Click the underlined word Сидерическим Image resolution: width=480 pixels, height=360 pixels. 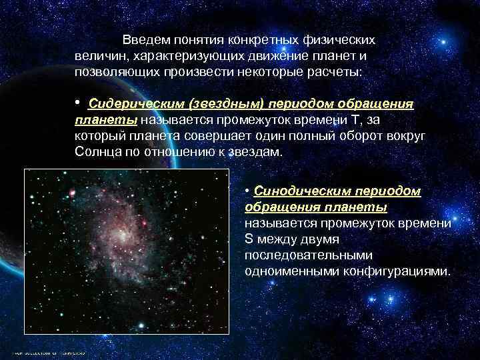point(137,105)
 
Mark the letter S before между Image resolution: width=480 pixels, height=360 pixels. point(248,239)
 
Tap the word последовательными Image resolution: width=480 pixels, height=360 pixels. point(309,256)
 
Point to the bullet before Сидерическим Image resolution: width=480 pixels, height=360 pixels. point(78,103)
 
